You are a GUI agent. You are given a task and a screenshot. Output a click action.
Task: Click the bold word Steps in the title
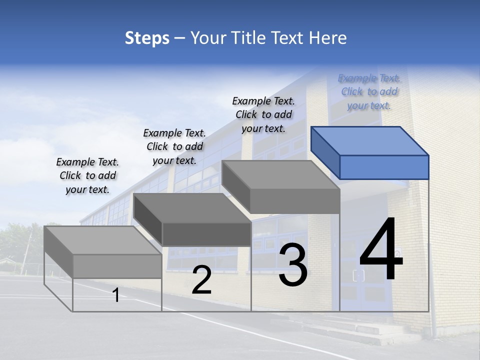pos(147,38)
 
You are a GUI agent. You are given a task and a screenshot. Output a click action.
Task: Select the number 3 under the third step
pos(293,265)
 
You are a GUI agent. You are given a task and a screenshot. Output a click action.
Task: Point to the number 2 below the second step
pos(201,280)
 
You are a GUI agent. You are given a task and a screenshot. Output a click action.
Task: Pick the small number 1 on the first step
pos(116,295)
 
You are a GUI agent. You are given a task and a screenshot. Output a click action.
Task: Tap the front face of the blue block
pos(384,167)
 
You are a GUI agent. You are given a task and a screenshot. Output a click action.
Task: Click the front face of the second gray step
pos(206,234)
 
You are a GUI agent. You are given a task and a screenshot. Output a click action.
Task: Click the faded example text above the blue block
pos(369,92)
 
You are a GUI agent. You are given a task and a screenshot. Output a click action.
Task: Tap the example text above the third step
pos(263,114)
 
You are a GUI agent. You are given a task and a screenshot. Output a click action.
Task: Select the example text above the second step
pos(174,146)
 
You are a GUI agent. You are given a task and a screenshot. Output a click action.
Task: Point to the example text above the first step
pos(87,175)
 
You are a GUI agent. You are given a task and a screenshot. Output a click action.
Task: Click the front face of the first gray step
pos(117,266)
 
